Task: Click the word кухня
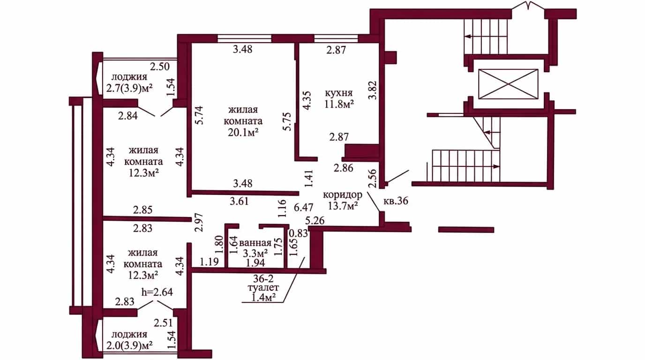click(x=339, y=93)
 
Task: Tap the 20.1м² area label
click(x=243, y=133)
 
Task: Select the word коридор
click(x=342, y=195)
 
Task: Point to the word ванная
click(x=255, y=243)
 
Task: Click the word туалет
click(x=263, y=288)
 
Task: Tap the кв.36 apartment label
click(x=396, y=201)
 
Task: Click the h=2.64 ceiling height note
click(x=157, y=292)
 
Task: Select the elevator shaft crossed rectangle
click(x=508, y=84)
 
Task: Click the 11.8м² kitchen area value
click(x=339, y=104)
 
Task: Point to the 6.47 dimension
click(x=303, y=207)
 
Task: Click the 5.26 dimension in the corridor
click(x=315, y=221)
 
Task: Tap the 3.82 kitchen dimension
click(x=373, y=90)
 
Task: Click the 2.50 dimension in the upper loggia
click(x=160, y=67)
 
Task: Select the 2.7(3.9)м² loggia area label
click(x=129, y=88)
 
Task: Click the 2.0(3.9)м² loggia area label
click(x=129, y=345)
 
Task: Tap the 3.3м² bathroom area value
click(x=255, y=253)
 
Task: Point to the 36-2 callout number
click(x=263, y=278)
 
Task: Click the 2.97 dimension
click(x=199, y=222)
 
